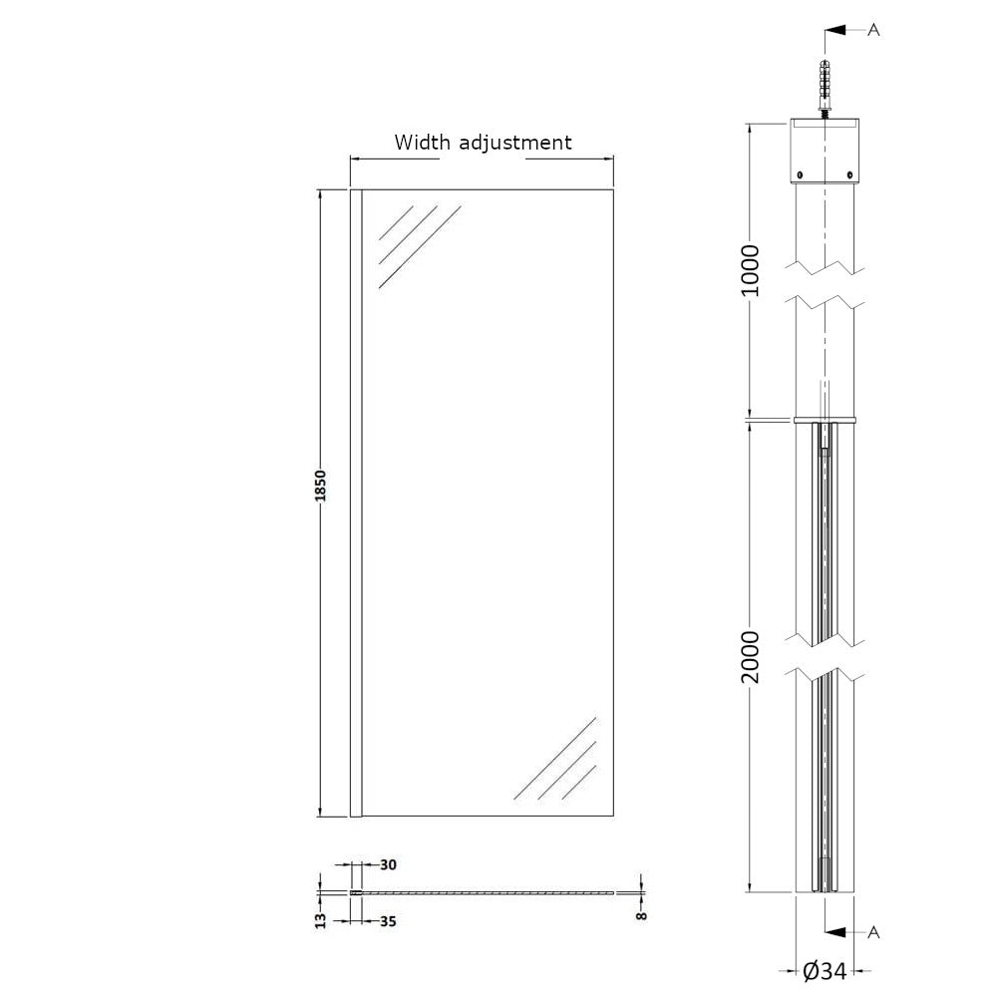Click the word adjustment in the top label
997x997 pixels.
point(515,143)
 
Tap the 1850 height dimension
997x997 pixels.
point(320,486)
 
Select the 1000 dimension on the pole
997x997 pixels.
point(751,269)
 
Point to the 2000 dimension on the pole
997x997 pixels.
point(751,657)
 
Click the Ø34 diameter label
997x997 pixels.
point(825,971)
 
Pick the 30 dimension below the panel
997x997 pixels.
point(388,864)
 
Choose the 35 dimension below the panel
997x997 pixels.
point(388,921)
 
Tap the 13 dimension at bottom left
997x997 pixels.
point(320,920)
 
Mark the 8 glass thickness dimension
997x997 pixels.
point(641,915)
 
